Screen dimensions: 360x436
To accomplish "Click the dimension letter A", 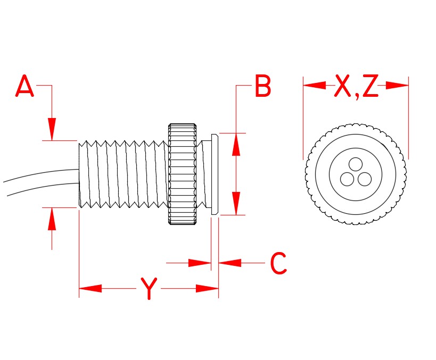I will tap(24, 87).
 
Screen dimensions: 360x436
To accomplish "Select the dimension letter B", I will tap(262, 87).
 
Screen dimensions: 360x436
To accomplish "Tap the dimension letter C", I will tap(278, 264).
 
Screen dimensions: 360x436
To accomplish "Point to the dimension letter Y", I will tap(149, 289).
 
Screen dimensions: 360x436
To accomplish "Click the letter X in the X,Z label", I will tap(344, 87).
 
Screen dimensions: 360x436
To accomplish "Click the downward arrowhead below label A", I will tap(52, 129).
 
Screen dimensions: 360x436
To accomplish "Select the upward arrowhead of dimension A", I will tap(52, 219).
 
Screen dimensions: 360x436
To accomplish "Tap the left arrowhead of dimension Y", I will tap(90, 289).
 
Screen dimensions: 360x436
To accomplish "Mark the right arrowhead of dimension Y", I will tap(208, 289).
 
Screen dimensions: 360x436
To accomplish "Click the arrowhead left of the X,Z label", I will tap(315, 85).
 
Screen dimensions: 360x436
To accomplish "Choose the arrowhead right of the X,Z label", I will tap(397, 85).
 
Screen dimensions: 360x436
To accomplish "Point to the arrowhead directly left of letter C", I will tap(230, 263).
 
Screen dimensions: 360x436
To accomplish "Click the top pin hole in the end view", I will tap(356, 163).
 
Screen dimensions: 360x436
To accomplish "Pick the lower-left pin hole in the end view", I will tap(347, 179).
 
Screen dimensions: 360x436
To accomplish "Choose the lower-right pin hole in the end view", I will tap(365, 179).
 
